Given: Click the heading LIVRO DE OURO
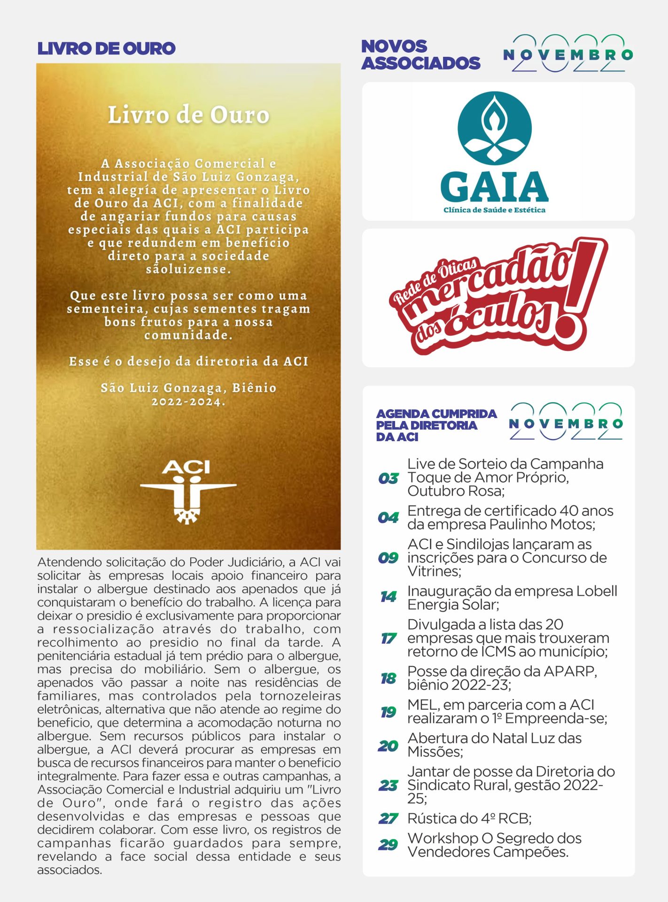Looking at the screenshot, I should tap(106, 48).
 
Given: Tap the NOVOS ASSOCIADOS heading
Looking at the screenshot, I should tap(420, 54).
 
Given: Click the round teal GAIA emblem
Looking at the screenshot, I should tap(494, 128).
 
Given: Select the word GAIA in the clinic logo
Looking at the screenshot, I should tap(494, 187).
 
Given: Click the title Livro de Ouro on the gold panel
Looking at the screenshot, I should tap(188, 115).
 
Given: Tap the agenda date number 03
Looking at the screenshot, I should tap(388, 478).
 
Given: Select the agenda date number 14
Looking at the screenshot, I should tap(388, 597).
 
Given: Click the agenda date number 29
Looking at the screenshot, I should tap(388, 845).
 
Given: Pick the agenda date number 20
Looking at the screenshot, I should tap(388, 746).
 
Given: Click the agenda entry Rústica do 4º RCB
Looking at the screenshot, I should tap(469, 818).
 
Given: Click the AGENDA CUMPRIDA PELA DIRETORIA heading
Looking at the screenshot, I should tap(435, 425).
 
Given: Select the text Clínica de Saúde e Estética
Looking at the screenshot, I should tap(494, 210).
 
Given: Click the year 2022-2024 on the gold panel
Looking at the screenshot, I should tap(188, 402).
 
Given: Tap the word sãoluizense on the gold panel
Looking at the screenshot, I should tap(188, 269).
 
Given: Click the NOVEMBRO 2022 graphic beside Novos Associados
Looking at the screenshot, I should tap(568, 54).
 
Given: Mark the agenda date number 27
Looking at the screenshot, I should tap(388, 818).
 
